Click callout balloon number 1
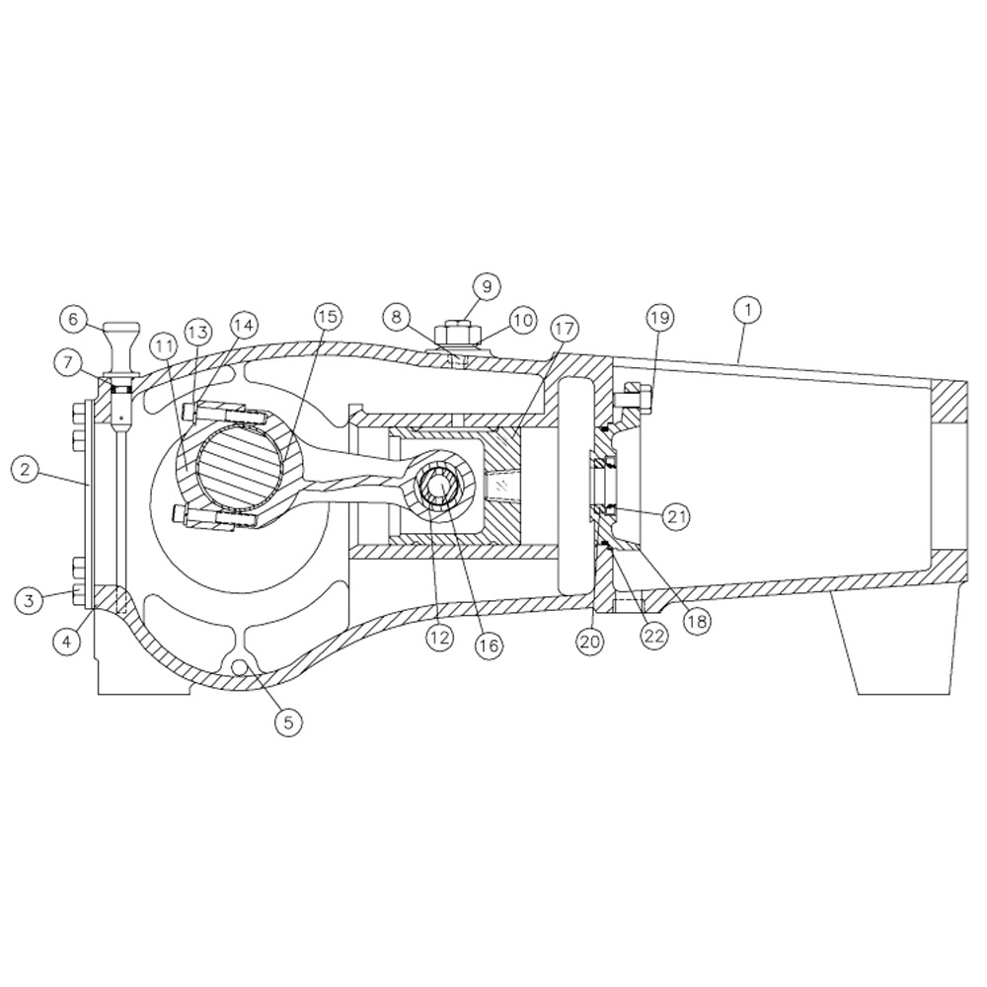pos(748,310)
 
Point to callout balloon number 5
pos(287,721)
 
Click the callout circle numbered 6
pos(73,319)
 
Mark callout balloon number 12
pos(439,638)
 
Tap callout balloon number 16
pos(488,645)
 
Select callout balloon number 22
pos(653,637)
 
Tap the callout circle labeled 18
pos(697,622)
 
